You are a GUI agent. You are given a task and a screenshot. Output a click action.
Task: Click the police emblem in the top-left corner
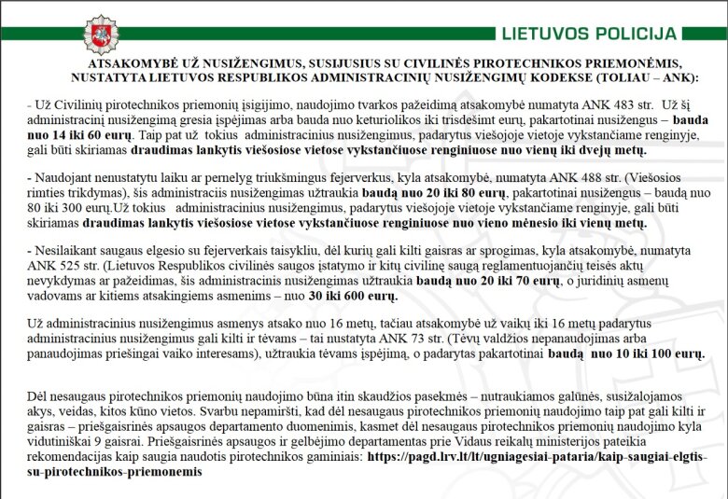[x=101, y=35]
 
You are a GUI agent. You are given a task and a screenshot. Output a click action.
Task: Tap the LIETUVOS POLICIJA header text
[x=589, y=35]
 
